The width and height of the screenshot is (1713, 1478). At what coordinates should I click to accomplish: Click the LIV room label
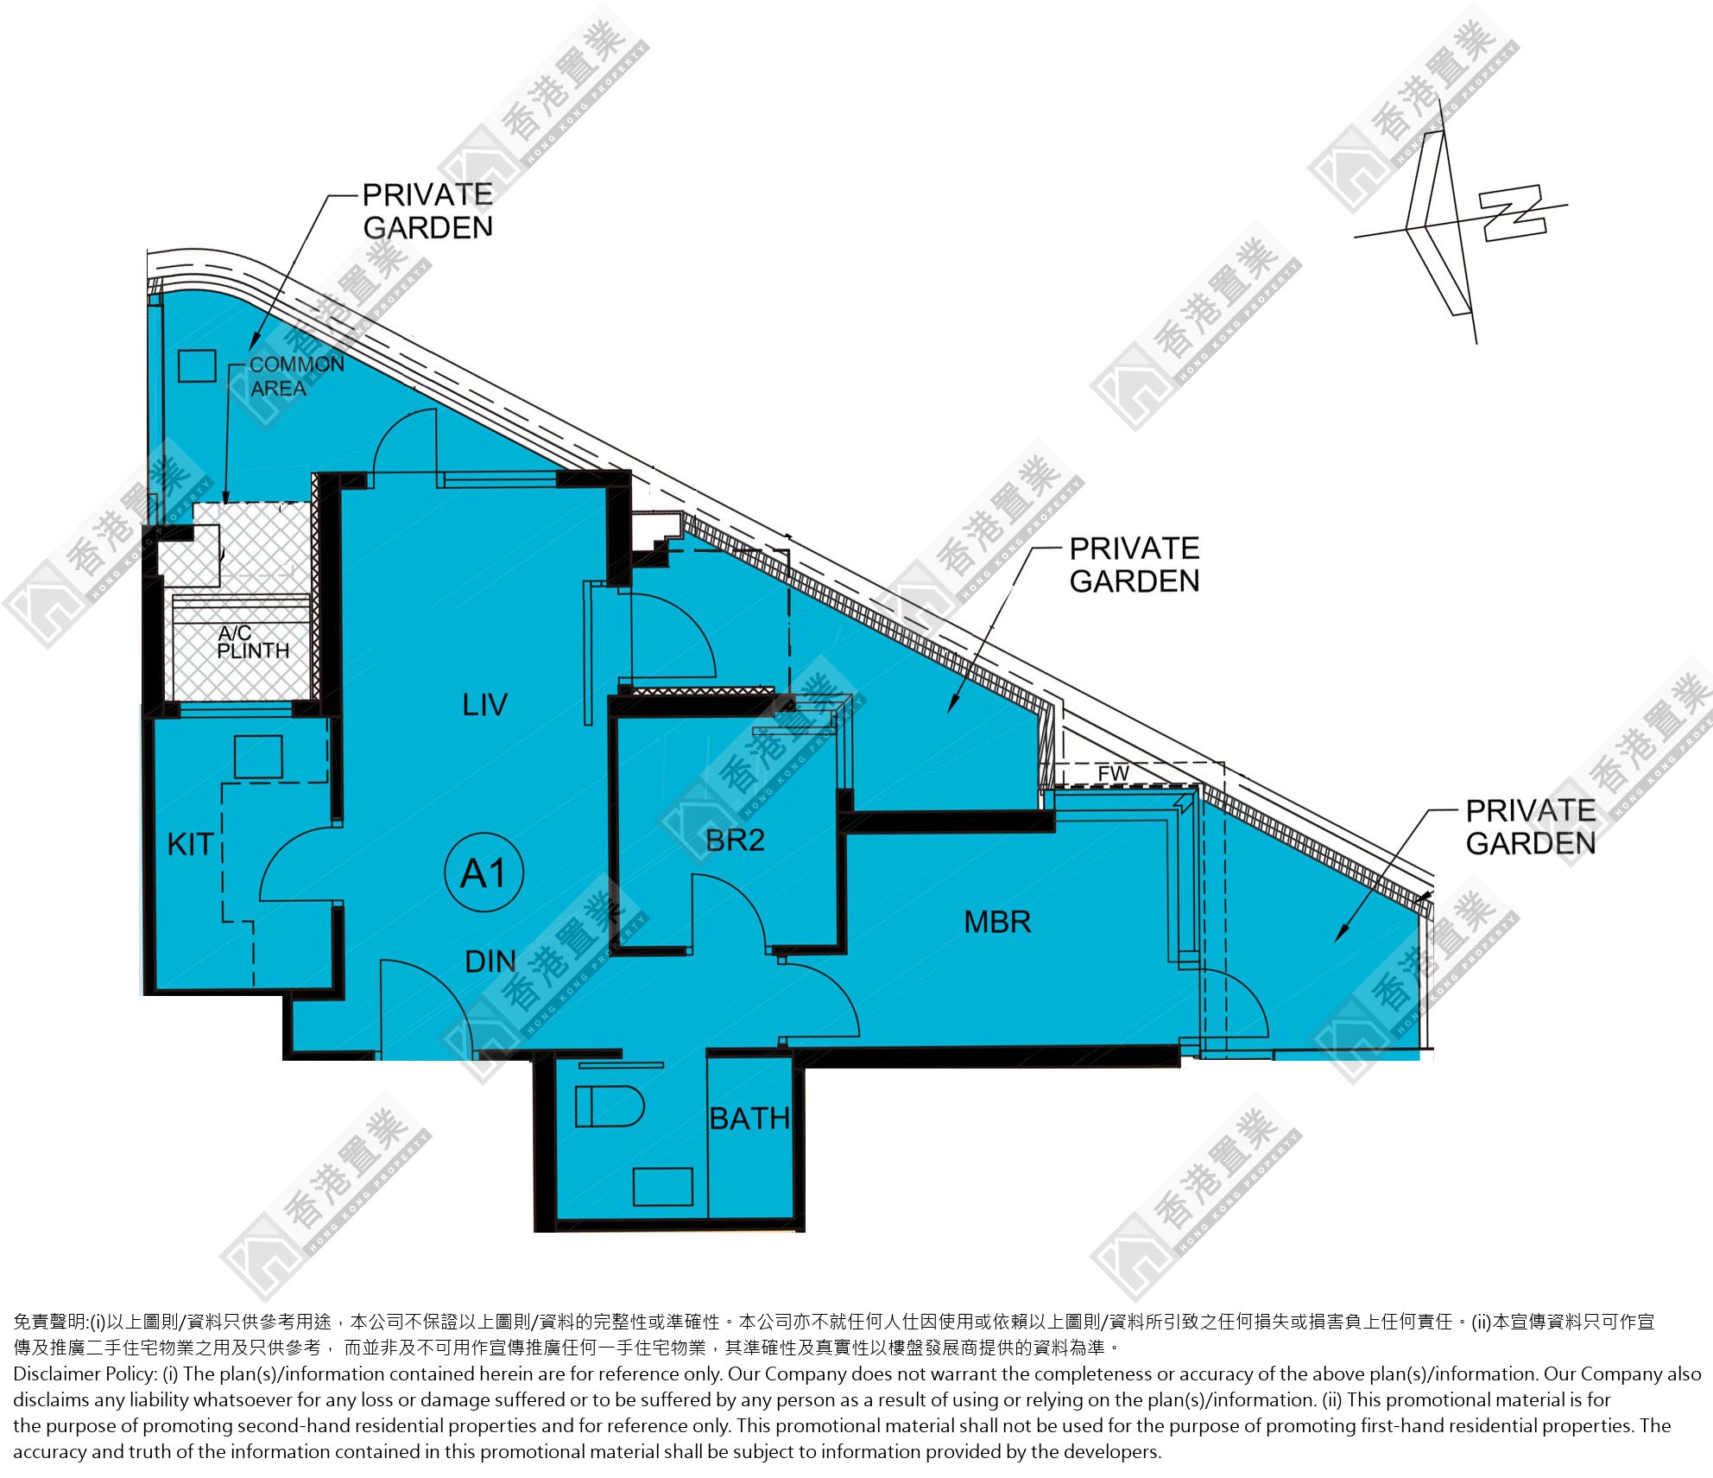pos(484,705)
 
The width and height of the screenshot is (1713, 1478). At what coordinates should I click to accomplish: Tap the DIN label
pos(490,961)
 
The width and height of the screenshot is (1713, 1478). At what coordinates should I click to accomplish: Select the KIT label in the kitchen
pos(191,844)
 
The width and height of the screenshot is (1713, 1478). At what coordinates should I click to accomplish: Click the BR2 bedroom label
pos(735,840)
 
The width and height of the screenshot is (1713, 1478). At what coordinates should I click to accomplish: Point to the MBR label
pos(997,922)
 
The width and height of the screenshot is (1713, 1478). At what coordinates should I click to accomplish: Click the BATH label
pos(749,1119)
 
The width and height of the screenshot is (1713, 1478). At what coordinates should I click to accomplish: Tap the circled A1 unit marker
pos(484,872)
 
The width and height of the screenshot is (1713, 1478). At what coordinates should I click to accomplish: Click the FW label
pos(1114,773)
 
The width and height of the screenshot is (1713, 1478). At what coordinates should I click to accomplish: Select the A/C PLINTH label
pos(252,643)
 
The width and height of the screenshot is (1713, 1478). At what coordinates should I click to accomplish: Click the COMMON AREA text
pos(296,377)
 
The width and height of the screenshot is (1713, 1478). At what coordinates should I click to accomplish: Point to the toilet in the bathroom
pos(610,1107)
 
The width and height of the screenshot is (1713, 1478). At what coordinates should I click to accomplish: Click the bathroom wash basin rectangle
pos(662,1186)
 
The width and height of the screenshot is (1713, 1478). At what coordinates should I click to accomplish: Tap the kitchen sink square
pos(258,758)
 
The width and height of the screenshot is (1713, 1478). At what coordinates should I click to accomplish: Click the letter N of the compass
pos(1512,213)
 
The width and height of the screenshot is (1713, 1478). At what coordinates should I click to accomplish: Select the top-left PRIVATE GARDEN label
pos(427,211)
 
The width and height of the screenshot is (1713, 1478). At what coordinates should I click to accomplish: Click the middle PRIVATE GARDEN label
pos(1135,565)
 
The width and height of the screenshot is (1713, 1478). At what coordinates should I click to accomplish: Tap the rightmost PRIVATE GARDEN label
pos(1531,827)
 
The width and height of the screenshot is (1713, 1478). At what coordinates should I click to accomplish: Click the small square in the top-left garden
pos(197,365)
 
